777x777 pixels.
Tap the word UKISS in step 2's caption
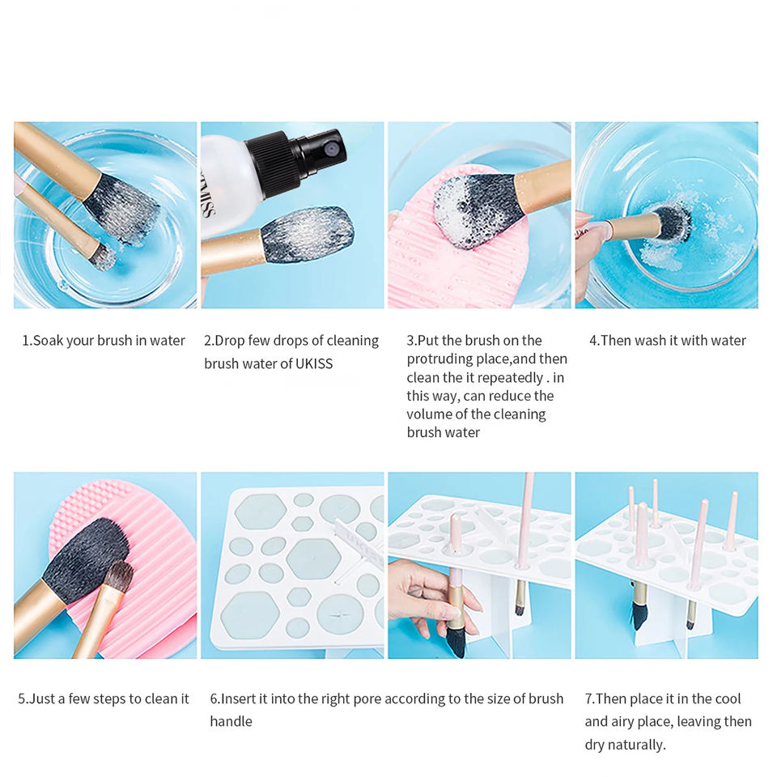(x=314, y=363)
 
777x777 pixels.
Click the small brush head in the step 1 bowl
(x=104, y=257)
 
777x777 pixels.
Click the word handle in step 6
(x=231, y=721)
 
